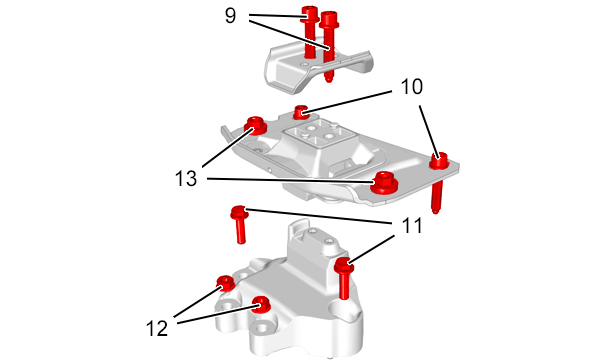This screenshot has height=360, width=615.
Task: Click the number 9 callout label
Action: click(x=231, y=16)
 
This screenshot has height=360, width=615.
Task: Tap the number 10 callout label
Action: click(x=412, y=87)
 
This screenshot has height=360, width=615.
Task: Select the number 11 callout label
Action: click(x=412, y=225)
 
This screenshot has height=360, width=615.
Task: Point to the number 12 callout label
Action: click(x=157, y=328)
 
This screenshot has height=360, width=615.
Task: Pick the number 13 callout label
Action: click(x=186, y=178)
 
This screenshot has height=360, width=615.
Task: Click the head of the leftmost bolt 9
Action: click(x=310, y=14)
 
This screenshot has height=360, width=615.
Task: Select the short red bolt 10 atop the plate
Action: click(x=300, y=113)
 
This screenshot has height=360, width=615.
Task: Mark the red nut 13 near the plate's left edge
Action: click(x=255, y=125)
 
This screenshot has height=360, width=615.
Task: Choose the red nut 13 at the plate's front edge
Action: click(x=384, y=182)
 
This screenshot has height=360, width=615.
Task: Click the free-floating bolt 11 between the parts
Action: click(x=240, y=224)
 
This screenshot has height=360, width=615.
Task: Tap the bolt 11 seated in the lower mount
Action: click(x=344, y=278)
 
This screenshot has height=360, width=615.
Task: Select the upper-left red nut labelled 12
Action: click(x=226, y=283)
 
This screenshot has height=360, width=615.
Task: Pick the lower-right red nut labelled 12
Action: click(x=260, y=304)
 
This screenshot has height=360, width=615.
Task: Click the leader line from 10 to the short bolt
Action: click(x=347, y=103)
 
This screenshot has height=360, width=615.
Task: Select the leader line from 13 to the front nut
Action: click(x=290, y=180)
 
